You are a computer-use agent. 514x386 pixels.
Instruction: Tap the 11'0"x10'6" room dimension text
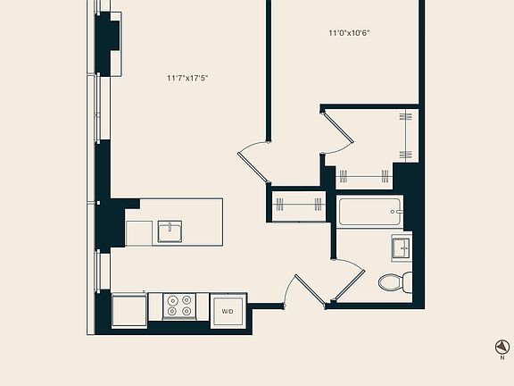(348, 33)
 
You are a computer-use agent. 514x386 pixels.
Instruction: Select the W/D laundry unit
(227, 311)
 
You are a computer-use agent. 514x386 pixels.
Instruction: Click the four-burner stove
(178, 306)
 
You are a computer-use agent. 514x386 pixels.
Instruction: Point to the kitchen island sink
(170, 231)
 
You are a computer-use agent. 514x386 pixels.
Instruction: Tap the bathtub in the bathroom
(369, 213)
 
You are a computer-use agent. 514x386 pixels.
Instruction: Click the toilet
(394, 282)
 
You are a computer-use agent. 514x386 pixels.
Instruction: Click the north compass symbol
(502, 347)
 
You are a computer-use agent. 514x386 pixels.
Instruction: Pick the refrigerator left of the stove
(129, 310)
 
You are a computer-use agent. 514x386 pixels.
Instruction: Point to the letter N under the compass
(502, 358)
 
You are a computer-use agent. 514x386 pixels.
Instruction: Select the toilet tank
(406, 282)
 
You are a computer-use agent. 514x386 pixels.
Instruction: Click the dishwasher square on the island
(139, 233)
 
